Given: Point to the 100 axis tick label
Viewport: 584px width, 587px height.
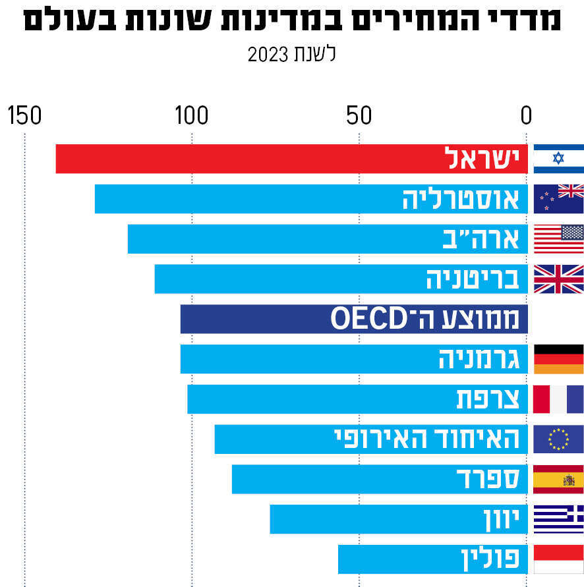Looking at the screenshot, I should pyautogui.click(x=192, y=116).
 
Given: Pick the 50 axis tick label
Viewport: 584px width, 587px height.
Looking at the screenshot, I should pyautogui.click(x=359, y=116).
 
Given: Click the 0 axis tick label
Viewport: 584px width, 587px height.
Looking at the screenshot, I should pyautogui.click(x=526, y=116).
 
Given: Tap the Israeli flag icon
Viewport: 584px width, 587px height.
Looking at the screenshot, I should pyautogui.click(x=558, y=159).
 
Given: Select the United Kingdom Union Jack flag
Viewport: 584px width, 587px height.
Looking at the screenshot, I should pyautogui.click(x=558, y=279).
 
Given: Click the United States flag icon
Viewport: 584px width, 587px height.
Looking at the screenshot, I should pyautogui.click(x=558, y=238).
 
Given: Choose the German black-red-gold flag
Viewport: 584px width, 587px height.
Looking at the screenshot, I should pyautogui.click(x=558, y=359).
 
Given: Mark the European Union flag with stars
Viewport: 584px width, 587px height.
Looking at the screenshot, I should pyautogui.click(x=558, y=439).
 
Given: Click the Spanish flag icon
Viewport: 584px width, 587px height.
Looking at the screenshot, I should pyautogui.click(x=558, y=479).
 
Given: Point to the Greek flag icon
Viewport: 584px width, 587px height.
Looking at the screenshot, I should pyautogui.click(x=558, y=519).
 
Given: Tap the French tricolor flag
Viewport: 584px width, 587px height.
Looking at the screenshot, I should pyautogui.click(x=558, y=399).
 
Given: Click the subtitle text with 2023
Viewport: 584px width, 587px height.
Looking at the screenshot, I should pyautogui.click(x=291, y=54).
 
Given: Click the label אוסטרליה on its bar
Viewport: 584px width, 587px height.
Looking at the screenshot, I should pyautogui.click(x=461, y=199).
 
